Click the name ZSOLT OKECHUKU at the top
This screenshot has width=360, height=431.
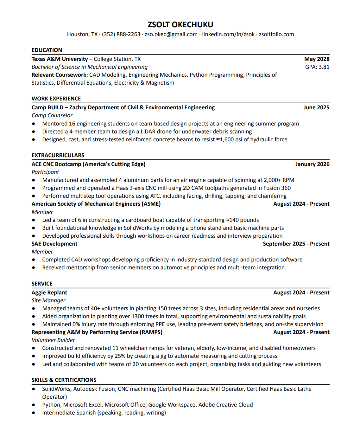click(180, 24)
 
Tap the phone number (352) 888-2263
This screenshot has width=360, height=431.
click(121, 34)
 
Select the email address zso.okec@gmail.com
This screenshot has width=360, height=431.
click(171, 34)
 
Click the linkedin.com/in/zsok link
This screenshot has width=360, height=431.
click(228, 34)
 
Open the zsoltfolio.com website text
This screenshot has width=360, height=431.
click(276, 34)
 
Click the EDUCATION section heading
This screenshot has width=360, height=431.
click(47, 50)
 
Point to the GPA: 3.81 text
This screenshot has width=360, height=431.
click(317, 67)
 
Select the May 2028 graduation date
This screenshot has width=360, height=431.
click(317, 59)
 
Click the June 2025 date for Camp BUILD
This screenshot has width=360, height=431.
click(316, 107)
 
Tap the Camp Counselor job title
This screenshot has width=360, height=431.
click(52, 115)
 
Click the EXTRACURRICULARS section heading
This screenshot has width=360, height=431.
click(58, 155)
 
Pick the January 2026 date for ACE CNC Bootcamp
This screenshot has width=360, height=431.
click(312, 164)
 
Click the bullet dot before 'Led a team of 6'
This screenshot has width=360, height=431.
click(34, 220)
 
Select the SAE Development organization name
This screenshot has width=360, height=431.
click(54, 244)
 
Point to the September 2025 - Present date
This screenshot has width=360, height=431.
click(296, 244)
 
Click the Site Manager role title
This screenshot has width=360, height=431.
click(48, 300)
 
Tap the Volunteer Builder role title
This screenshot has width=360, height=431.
click(53, 340)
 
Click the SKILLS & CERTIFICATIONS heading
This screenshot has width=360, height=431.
click(64, 380)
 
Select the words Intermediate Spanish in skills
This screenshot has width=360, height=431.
click(69, 413)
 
